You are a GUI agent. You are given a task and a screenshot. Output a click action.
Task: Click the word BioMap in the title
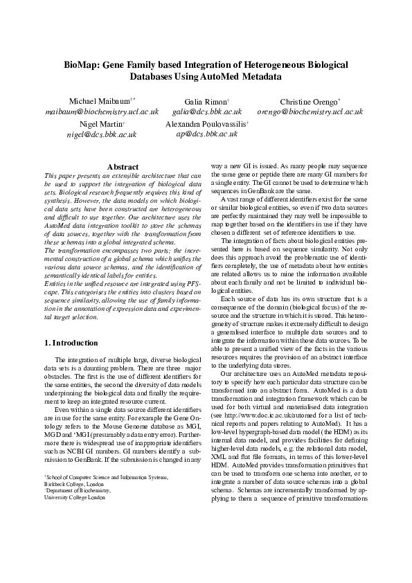pyautogui.click(x=82, y=64)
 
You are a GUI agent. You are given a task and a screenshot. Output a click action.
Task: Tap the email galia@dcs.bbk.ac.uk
pyautogui.click(x=207, y=111)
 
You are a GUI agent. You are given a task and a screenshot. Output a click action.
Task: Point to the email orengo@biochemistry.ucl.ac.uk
pyautogui.click(x=310, y=111)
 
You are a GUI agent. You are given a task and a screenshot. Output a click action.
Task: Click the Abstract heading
pyautogui.click(x=123, y=167)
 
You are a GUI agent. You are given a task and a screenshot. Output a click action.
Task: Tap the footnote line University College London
pyautogui.click(x=74, y=497)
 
